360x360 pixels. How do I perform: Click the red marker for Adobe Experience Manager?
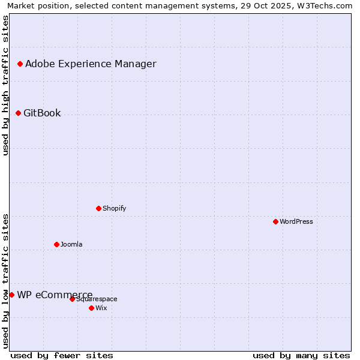pos(20,64)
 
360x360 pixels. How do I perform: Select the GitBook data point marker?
pos(18,113)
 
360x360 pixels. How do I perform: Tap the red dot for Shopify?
pos(98,208)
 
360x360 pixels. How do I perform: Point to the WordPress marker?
pos(275,221)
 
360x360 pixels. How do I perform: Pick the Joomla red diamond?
pos(56,244)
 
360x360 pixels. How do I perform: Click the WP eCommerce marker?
pos(11,295)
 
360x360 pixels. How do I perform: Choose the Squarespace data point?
pos(72,299)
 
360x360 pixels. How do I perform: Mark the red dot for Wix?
pos(91,308)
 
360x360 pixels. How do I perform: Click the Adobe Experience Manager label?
pos(91,64)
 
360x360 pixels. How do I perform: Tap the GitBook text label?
pos(42,113)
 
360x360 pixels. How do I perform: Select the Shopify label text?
pos(114,208)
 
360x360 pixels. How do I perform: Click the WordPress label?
pos(296,221)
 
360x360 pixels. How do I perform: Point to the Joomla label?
pos(71,244)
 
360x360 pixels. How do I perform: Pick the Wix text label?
pos(101,308)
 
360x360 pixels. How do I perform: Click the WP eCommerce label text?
pos(55,295)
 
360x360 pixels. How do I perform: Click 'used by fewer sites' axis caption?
pos(62,355)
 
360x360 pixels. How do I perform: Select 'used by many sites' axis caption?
pos(301,355)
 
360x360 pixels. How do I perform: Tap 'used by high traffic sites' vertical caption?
pos(5,85)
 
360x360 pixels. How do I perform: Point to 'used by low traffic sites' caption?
pos(5,281)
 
